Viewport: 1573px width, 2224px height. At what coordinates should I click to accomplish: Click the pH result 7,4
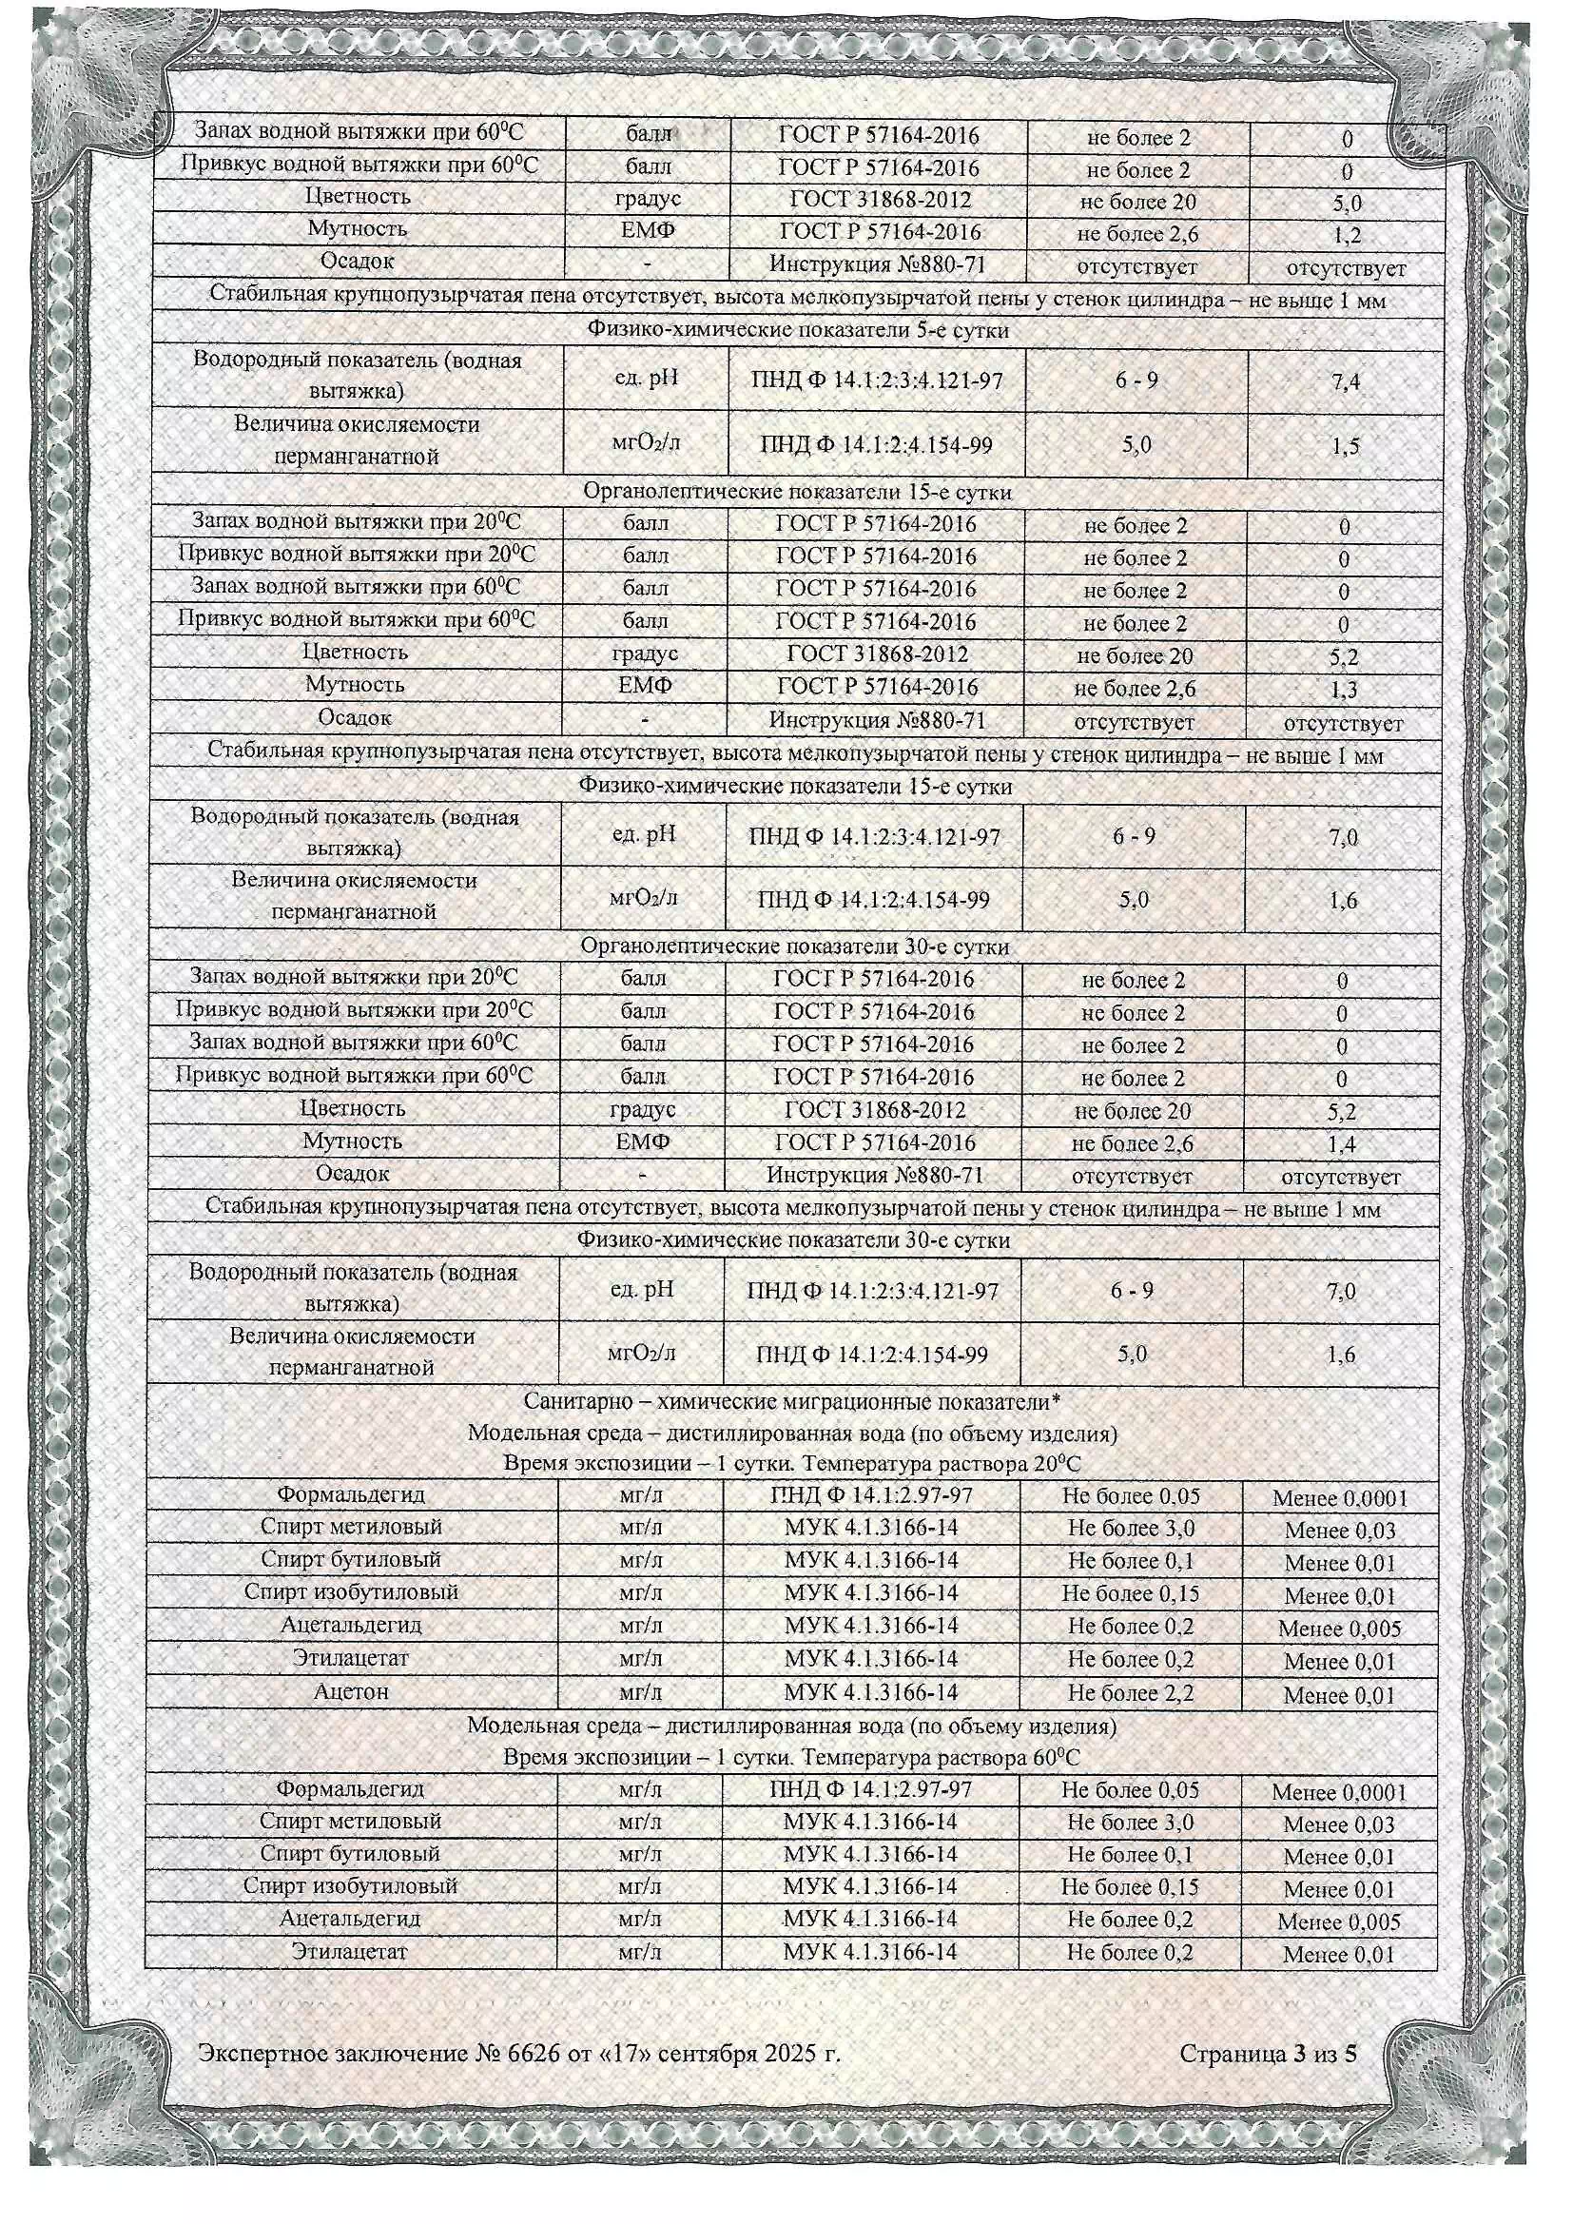click(x=1346, y=381)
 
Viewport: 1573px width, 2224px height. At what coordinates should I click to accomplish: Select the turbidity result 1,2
click(x=1347, y=235)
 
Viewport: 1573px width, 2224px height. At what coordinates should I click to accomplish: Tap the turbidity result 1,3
click(x=1344, y=690)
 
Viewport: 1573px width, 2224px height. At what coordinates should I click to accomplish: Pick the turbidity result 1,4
click(x=1342, y=1145)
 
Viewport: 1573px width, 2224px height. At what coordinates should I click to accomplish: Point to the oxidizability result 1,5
click(x=1346, y=446)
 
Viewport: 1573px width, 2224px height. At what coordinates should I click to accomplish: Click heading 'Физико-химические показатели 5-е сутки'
click(x=797, y=330)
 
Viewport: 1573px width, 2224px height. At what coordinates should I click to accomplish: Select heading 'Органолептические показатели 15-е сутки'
click(x=796, y=492)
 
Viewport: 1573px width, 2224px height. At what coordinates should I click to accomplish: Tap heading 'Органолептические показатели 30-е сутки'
click(x=794, y=946)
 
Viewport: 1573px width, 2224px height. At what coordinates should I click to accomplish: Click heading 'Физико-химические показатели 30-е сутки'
click(x=793, y=1239)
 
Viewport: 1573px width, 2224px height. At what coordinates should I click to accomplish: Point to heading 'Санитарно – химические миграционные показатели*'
click(x=792, y=1401)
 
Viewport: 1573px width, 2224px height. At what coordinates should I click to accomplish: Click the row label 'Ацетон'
click(x=351, y=1692)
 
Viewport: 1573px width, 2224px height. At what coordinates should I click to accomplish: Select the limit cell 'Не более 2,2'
click(x=1131, y=1693)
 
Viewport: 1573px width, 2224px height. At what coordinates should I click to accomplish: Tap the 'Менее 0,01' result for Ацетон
click(x=1340, y=1695)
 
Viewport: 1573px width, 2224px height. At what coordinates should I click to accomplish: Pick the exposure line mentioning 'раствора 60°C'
click(x=790, y=1757)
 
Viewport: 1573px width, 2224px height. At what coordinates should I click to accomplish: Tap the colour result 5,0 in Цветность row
click(x=1347, y=204)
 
